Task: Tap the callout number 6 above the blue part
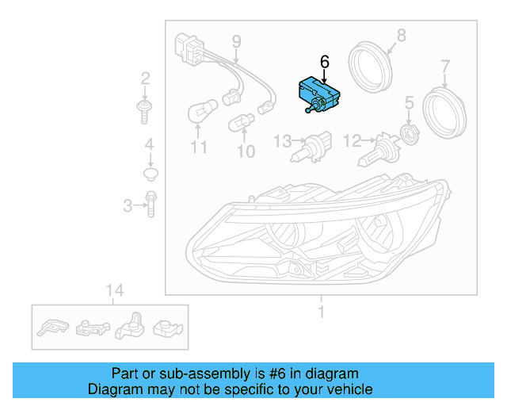coord(324,60)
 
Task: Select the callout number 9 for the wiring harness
coord(235,41)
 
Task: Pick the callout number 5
coord(409,102)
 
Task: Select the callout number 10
coord(246,150)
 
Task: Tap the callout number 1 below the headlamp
coord(321,312)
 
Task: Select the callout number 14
coord(114,290)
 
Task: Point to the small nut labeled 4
coord(149,172)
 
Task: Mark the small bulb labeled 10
coord(239,124)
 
